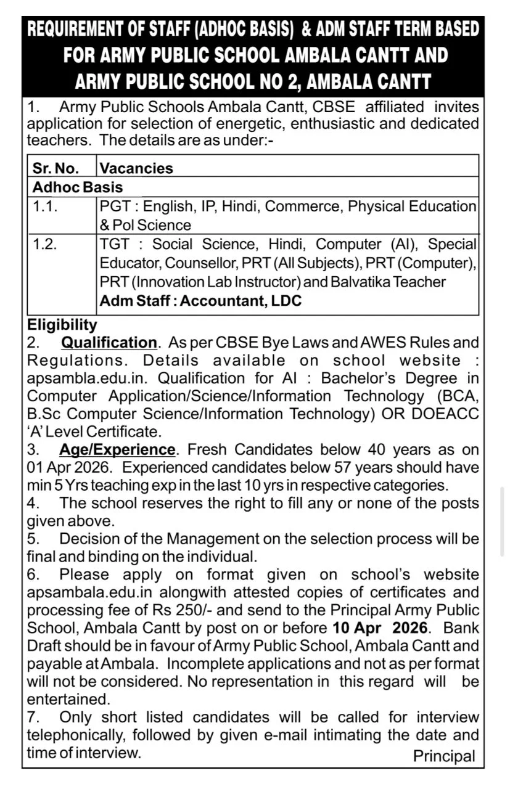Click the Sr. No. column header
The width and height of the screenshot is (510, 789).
(x=56, y=168)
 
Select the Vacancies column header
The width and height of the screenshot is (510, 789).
(x=136, y=168)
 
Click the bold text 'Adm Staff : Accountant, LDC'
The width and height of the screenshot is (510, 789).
(x=201, y=301)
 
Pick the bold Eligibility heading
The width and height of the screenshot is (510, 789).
(x=62, y=324)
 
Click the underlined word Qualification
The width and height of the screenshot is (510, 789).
(x=110, y=342)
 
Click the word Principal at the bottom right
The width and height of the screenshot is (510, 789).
(x=444, y=756)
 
